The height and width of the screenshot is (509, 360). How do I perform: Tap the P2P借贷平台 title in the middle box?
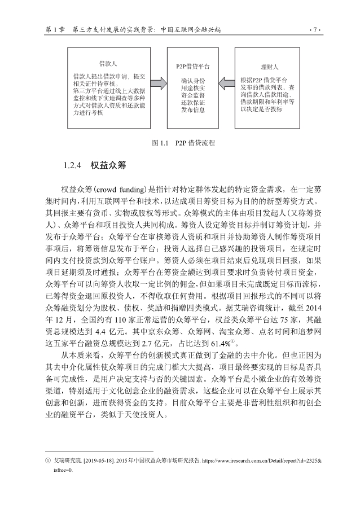point(193,66)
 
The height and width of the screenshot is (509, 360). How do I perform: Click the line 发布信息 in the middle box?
point(193,111)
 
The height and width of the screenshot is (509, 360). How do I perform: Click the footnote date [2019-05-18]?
point(91,461)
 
